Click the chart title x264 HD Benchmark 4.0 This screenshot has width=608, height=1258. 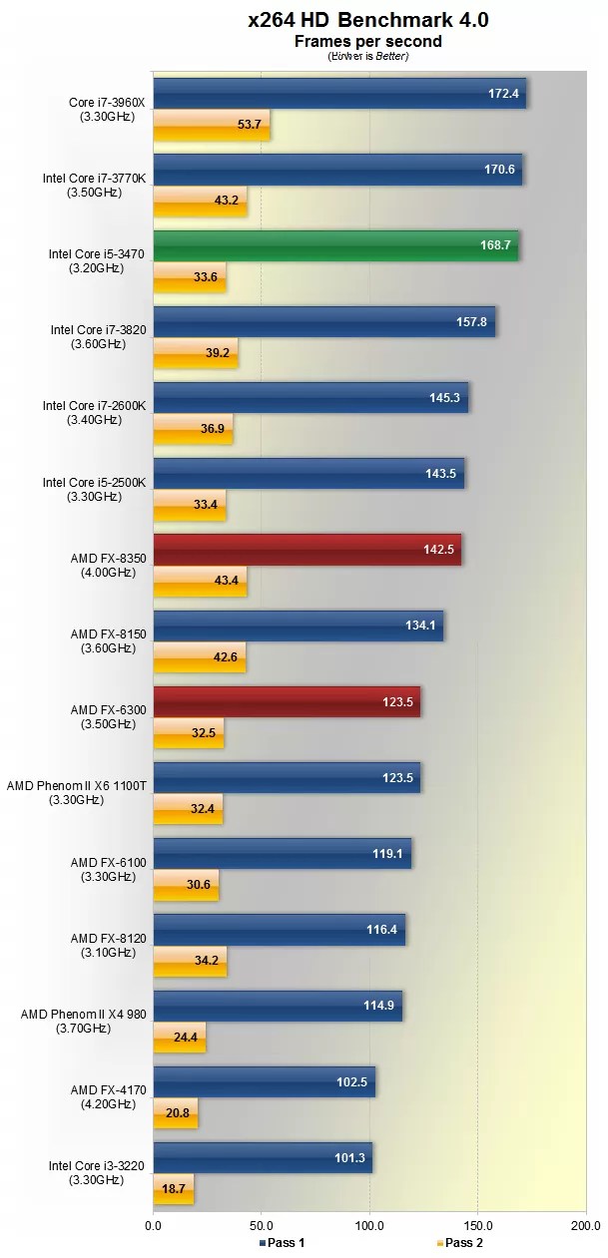coord(368,19)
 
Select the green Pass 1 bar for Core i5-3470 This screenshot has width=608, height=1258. coord(335,245)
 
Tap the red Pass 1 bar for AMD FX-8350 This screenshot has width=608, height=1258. coord(306,550)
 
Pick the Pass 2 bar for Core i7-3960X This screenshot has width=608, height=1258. coord(211,125)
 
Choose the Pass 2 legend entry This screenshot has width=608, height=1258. coord(459,1242)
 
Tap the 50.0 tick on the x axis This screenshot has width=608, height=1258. coord(262,1224)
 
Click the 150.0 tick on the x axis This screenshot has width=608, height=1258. coord(477,1224)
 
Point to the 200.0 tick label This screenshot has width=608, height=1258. coord(585,1224)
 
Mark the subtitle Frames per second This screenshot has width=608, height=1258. coord(368,42)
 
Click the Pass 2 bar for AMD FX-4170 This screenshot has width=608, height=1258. coord(176,1113)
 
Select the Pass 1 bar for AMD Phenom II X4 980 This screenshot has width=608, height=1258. coord(277,1006)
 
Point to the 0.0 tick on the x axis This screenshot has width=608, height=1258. coord(153,1224)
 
